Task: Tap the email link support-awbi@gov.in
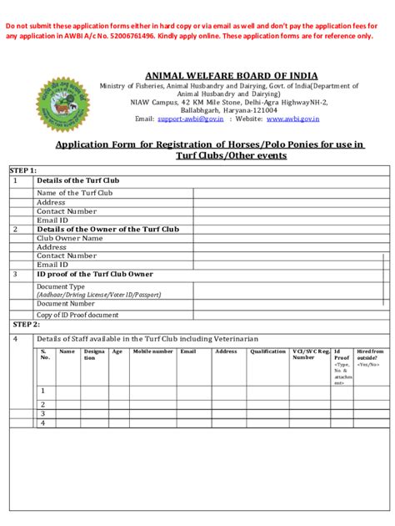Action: tap(191, 119)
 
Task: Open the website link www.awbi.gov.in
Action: tap(296, 119)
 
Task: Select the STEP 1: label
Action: tap(24, 170)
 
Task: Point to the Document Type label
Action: tap(60, 286)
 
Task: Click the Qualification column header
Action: tap(268, 352)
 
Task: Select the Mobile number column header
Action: tap(152, 352)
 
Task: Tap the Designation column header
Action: tap(94, 355)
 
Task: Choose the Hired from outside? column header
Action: tap(370, 357)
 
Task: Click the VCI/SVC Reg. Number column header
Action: tap(310, 355)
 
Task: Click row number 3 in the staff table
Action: tap(42, 413)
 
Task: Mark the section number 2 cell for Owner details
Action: tap(15, 229)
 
